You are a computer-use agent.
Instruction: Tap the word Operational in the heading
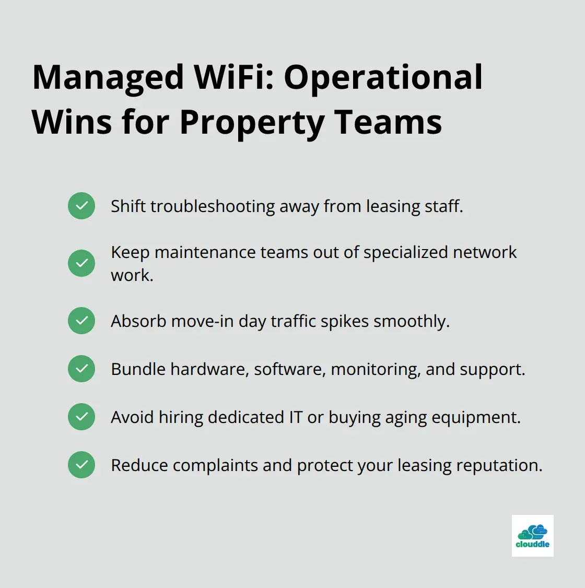(383, 77)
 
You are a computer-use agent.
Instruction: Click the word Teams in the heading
(388, 122)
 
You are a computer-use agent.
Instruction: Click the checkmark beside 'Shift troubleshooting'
(81, 206)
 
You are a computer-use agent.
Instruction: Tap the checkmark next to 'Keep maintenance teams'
(81, 263)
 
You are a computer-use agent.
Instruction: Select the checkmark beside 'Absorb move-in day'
(81, 321)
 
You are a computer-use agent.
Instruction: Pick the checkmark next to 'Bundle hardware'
(81, 369)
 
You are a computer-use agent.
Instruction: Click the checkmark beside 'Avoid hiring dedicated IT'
(81, 417)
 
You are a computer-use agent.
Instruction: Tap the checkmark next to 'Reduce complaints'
(81, 465)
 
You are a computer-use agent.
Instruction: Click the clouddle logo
(532, 535)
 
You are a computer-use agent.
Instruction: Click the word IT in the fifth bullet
(295, 417)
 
